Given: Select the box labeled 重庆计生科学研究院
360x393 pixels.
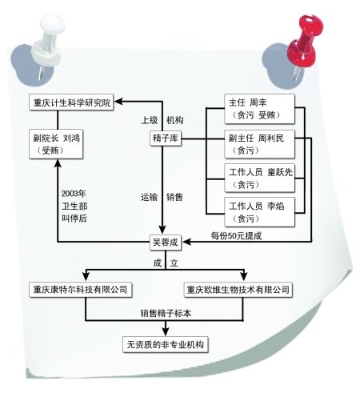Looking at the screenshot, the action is pos(71,102).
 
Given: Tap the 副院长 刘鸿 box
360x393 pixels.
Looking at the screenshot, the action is pos(56,144).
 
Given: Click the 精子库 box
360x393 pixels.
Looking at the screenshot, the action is pos(166,138).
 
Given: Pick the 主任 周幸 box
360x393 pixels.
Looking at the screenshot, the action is pos(259,109).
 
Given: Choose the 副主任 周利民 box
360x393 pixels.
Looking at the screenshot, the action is pos(259,144).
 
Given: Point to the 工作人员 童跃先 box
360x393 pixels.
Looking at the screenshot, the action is pos(259,178).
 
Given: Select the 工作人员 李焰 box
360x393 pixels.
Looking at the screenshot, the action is pos(259,212).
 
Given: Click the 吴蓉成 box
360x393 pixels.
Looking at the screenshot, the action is pos(166,243).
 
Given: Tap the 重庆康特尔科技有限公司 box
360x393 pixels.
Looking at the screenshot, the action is pos(80,290).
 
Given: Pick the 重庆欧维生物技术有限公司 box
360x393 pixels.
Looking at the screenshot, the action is pos(238,290).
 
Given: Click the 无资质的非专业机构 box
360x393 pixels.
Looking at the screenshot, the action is pos(166,344).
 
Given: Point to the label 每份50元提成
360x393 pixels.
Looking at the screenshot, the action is pos(236,236).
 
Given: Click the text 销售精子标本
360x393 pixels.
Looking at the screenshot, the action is pos(166,313).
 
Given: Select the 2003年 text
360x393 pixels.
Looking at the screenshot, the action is pos(74,194).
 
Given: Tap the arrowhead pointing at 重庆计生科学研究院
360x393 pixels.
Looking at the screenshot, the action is pos(118,102).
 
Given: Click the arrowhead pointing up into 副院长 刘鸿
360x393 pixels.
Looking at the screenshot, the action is pos(58,163).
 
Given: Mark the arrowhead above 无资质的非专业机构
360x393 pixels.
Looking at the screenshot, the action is pos(166,331).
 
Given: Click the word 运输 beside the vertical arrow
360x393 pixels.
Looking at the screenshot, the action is pos(149,197).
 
